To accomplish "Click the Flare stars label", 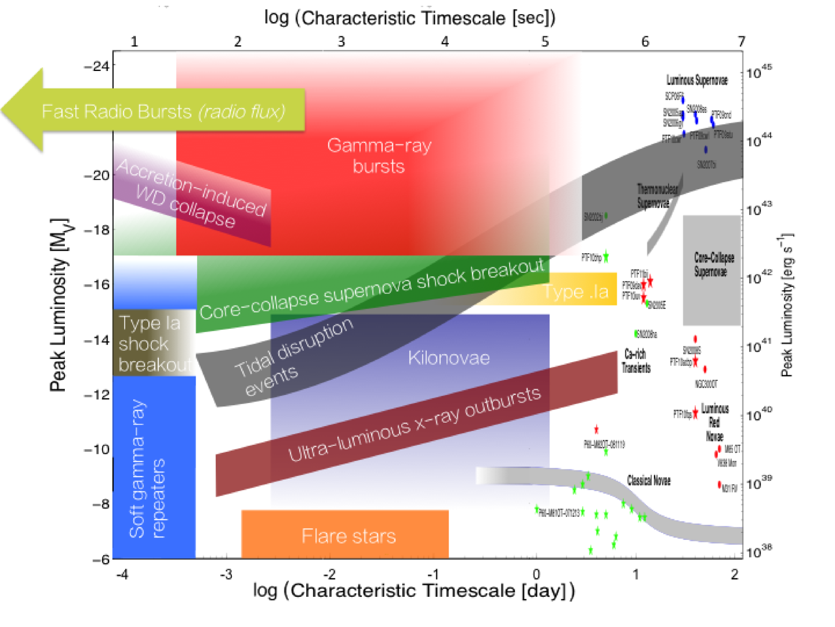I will [x=348, y=536].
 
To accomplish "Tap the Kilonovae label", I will [x=448, y=358].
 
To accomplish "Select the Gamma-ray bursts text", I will [x=379, y=155].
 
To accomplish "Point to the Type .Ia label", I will [x=576, y=292].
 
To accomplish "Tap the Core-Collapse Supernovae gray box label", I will [x=713, y=265].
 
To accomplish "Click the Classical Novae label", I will [x=648, y=481].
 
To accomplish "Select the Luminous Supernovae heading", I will [x=697, y=80].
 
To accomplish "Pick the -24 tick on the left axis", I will [x=97, y=66].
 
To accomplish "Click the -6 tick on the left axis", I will [x=101, y=559].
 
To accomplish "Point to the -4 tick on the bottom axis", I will [x=122, y=574].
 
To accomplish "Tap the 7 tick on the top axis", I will [x=741, y=41].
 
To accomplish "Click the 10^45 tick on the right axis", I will [x=759, y=72].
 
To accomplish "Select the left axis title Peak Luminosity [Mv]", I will [x=59, y=304].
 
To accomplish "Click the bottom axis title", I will [x=414, y=590].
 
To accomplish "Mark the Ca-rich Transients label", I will [x=636, y=361].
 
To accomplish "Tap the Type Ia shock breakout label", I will [x=153, y=344].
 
